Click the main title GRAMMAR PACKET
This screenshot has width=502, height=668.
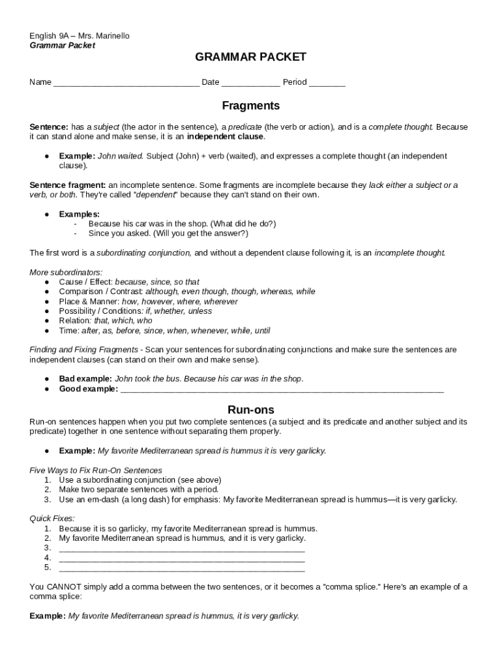point(250,57)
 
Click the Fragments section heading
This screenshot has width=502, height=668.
point(250,106)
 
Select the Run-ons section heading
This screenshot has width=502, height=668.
point(250,410)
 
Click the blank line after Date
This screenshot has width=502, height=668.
point(251,83)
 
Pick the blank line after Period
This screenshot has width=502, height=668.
point(327,83)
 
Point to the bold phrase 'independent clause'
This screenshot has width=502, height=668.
point(225,137)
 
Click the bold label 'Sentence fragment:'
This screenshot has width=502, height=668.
point(68,185)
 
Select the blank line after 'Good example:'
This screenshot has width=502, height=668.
point(282,389)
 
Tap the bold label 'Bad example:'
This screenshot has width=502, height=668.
point(85,379)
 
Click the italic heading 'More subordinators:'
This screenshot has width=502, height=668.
point(66,272)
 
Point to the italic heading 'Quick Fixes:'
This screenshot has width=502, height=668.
point(52,519)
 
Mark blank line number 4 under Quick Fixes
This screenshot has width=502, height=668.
point(182,558)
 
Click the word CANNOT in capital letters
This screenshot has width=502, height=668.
point(64,586)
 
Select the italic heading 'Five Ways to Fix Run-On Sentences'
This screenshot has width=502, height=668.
point(96,470)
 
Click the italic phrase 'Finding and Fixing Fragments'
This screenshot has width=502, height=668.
point(84,350)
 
